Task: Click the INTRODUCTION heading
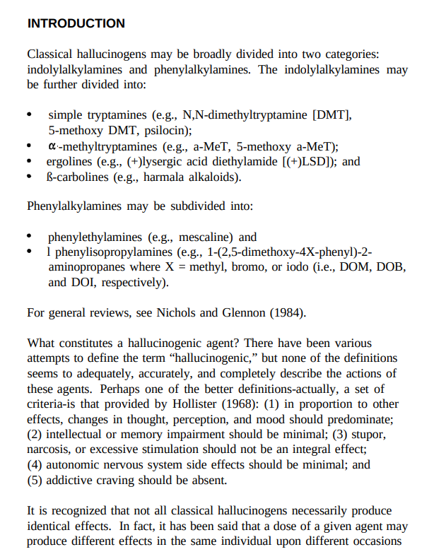coord(76,23)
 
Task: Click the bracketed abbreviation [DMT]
coord(332,114)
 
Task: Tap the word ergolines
coord(71,161)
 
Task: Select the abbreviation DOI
coord(81,283)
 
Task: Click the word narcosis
coord(50,449)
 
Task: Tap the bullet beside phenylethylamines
coord(30,237)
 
